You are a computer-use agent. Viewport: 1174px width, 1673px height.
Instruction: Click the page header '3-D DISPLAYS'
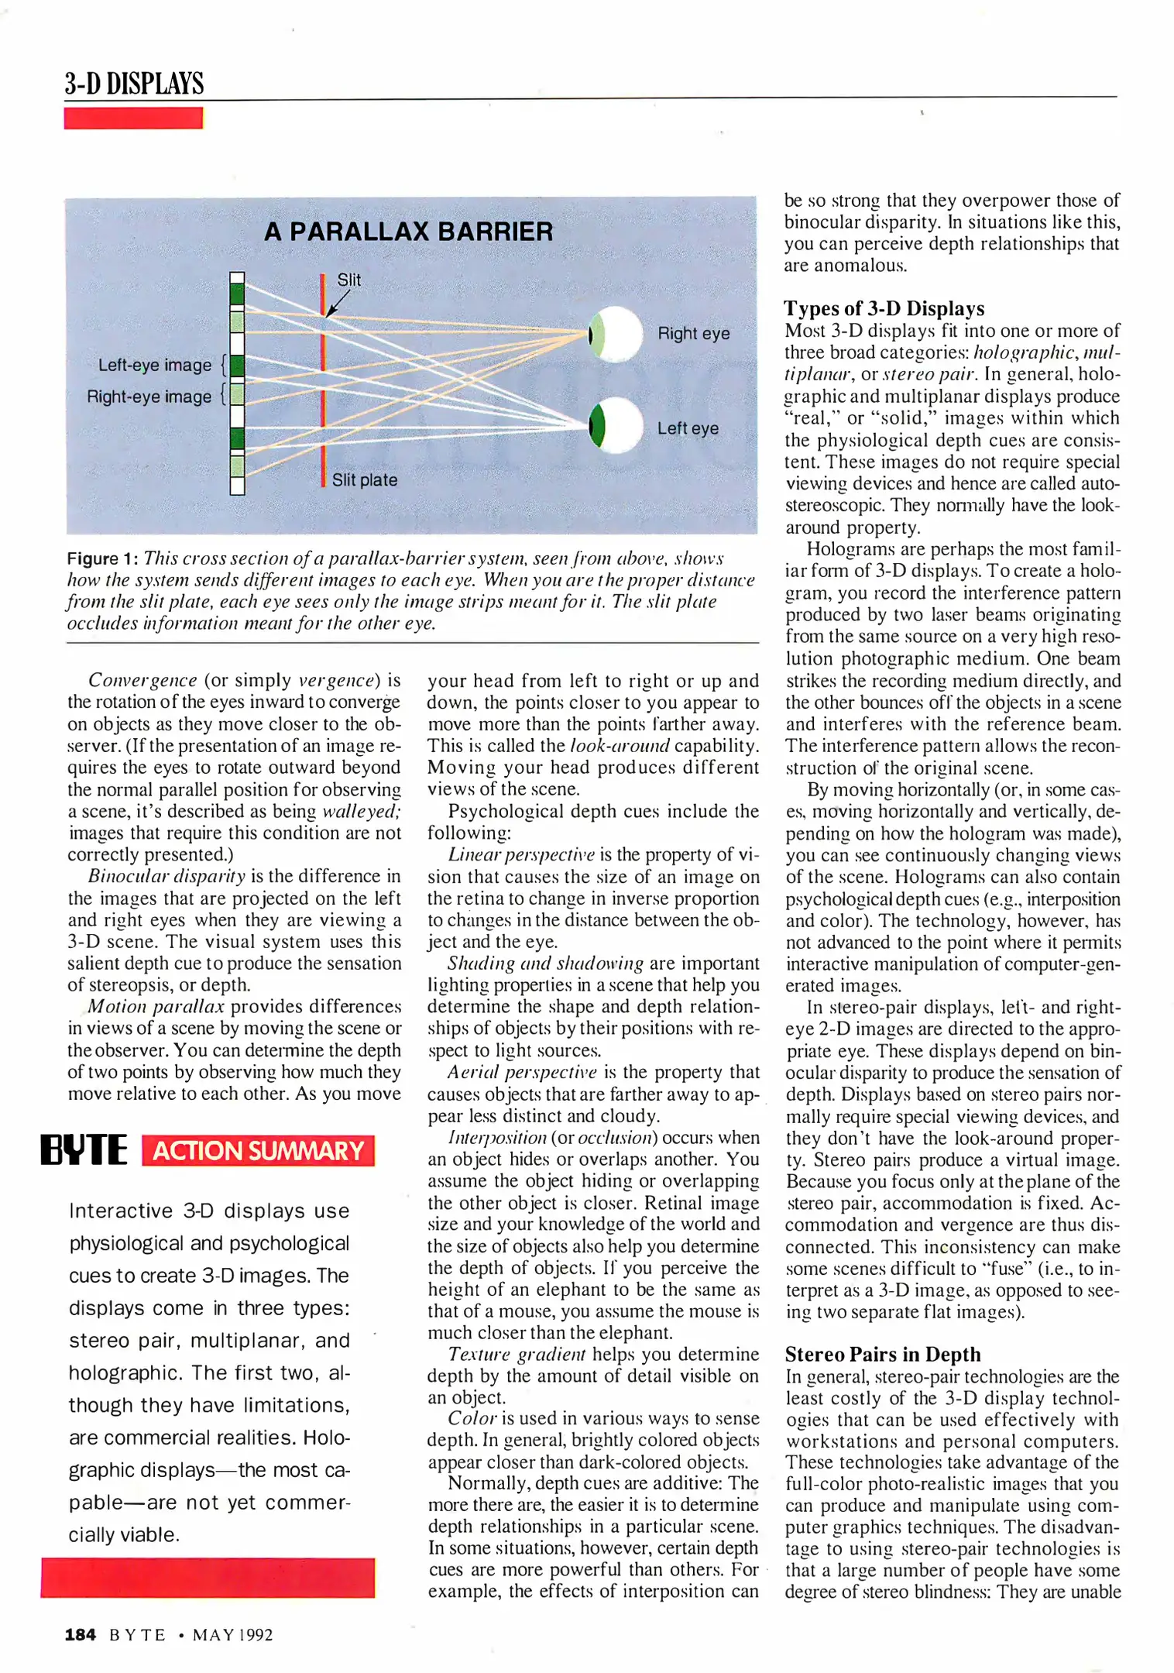[134, 84]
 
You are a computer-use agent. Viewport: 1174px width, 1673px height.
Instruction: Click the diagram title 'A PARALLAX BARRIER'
[408, 232]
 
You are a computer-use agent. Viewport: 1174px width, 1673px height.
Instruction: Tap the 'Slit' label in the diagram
[348, 280]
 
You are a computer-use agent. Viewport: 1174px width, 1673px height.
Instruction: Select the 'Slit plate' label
[364, 480]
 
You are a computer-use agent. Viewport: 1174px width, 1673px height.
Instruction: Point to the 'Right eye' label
[693, 333]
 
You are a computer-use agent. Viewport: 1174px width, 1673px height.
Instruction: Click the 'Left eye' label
[688, 428]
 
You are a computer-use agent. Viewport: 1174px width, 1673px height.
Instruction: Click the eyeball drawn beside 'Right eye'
[616, 335]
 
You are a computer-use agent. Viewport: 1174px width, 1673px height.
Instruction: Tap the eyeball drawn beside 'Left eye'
[616, 425]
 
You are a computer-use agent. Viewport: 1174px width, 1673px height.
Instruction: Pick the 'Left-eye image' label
[154, 365]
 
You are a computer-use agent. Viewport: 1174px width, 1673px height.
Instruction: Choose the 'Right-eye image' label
[149, 397]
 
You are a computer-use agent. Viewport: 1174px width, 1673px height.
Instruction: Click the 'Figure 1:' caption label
[102, 558]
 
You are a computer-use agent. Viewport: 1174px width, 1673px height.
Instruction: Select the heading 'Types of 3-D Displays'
[884, 308]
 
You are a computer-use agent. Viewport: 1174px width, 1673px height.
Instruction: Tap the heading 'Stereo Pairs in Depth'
[882, 1354]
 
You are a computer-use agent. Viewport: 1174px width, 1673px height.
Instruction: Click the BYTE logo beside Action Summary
[84, 1150]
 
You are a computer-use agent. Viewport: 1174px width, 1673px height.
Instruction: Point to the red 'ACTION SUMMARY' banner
[258, 1150]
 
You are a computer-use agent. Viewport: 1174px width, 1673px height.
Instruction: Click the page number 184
[80, 1634]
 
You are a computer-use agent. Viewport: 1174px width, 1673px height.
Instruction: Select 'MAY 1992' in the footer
[232, 1635]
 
